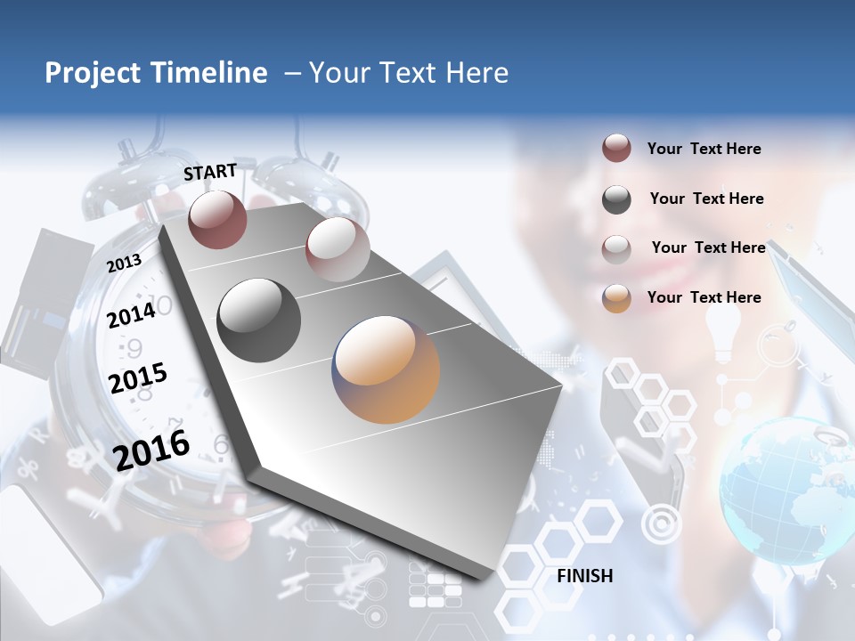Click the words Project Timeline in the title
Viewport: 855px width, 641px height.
[156, 73]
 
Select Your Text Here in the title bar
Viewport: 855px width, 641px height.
[409, 73]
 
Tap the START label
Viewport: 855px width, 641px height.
[210, 172]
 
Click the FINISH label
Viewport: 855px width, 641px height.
[585, 576]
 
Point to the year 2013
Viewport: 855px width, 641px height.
[124, 264]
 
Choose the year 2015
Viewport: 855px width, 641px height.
[137, 379]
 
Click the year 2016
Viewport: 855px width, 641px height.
[151, 450]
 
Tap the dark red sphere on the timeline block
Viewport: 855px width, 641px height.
[217, 219]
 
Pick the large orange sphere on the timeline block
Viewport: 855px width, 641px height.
[386, 369]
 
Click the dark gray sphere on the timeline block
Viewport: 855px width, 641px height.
[259, 320]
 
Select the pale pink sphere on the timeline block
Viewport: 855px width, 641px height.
[338, 249]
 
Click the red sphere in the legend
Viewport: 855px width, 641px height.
[616, 148]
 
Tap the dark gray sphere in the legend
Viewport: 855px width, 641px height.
[616, 199]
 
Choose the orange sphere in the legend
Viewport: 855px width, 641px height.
[616, 298]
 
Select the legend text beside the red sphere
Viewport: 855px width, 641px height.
[704, 149]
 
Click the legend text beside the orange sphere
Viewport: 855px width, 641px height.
[704, 297]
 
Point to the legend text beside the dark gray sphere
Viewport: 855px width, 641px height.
[706, 199]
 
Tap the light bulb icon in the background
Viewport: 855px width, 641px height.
[723, 334]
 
